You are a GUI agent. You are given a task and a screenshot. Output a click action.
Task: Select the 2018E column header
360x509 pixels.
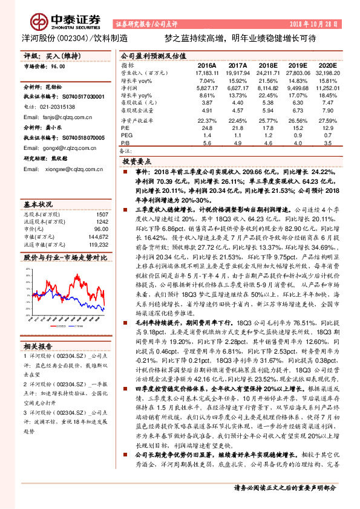tap(269, 65)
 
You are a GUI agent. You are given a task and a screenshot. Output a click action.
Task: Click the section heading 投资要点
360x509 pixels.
tap(137, 163)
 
